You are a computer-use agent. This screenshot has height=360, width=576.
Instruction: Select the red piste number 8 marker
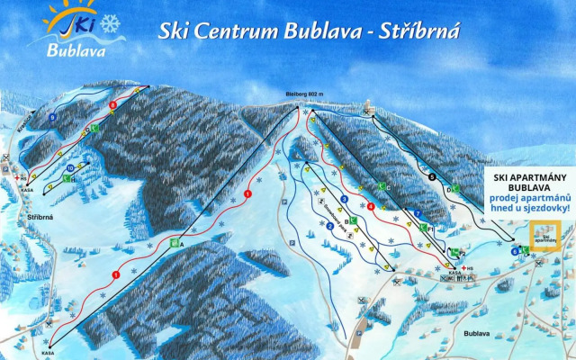click(x=112, y=106)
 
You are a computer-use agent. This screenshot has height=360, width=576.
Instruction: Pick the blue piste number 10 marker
click(x=70, y=167)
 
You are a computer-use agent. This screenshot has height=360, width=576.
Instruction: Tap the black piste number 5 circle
click(x=431, y=176)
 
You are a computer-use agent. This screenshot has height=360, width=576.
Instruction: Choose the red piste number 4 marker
click(x=371, y=207)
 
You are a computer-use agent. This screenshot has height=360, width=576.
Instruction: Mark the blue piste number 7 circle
click(x=418, y=212)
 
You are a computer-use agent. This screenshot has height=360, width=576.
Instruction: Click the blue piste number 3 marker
click(x=345, y=199)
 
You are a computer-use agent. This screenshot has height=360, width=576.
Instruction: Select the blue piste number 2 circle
click(x=330, y=227)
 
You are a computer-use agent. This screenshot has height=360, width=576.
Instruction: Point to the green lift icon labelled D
click(x=455, y=189)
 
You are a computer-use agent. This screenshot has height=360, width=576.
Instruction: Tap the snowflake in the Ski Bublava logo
click(x=110, y=24)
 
